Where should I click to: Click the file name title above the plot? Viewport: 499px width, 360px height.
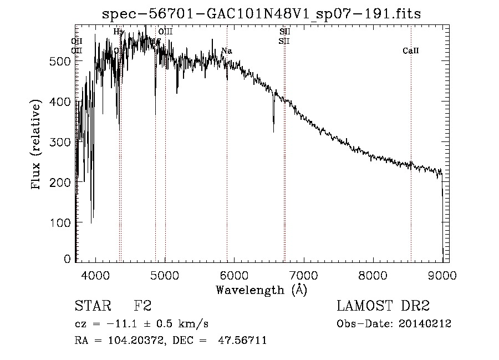pyautogui.click(x=262, y=14)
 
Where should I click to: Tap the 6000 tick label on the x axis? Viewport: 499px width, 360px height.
pyautogui.click(x=233, y=275)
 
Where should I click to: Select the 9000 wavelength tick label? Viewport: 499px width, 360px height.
pyautogui.click(x=441, y=275)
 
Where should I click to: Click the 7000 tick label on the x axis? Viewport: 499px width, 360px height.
pyautogui.click(x=303, y=275)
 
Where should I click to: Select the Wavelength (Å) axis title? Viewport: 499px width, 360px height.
pyautogui.click(x=261, y=290)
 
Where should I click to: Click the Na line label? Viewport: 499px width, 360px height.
pyautogui.click(x=226, y=51)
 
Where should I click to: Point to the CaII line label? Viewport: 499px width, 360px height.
pyautogui.click(x=411, y=51)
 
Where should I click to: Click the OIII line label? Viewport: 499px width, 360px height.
pyautogui.click(x=166, y=32)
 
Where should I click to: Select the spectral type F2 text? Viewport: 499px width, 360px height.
pyautogui.click(x=142, y=306)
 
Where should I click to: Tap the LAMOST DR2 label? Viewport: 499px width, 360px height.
pyautogui.click(x=383, y=306)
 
